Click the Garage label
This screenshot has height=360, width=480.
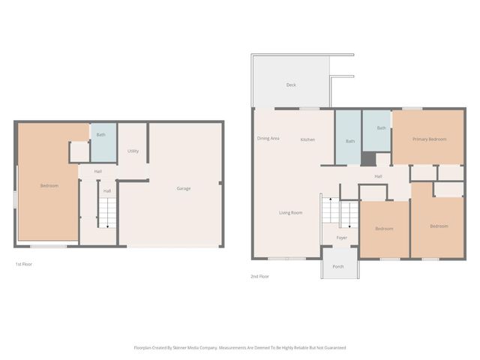tap(183, 188)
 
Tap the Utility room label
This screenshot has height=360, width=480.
tap(133, 151)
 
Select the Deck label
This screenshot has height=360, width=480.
tap(291, 85)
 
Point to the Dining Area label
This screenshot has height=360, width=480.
tap(268, 139)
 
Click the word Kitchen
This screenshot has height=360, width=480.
tap(307, 140)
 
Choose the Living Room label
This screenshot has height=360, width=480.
tap(290, 213)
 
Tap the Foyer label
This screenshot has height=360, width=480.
tap(341, 238)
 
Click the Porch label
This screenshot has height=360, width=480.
tap(338, 266)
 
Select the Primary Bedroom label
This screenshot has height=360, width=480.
tap(429, 139)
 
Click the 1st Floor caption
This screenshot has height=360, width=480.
tap(23, 264)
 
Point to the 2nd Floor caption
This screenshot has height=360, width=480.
tap(259, 276)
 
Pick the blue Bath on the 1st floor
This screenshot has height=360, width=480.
tap(100, 135)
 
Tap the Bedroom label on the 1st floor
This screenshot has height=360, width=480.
tap(49, 185)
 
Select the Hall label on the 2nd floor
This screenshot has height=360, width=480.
tap(379, 176)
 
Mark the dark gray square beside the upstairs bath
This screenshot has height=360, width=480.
tap(367, 159)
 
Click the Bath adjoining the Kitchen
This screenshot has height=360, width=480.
tap(350, 141)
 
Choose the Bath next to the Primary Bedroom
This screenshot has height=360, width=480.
tap(381, 128)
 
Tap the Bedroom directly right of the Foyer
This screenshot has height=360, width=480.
tap(384, 229)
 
